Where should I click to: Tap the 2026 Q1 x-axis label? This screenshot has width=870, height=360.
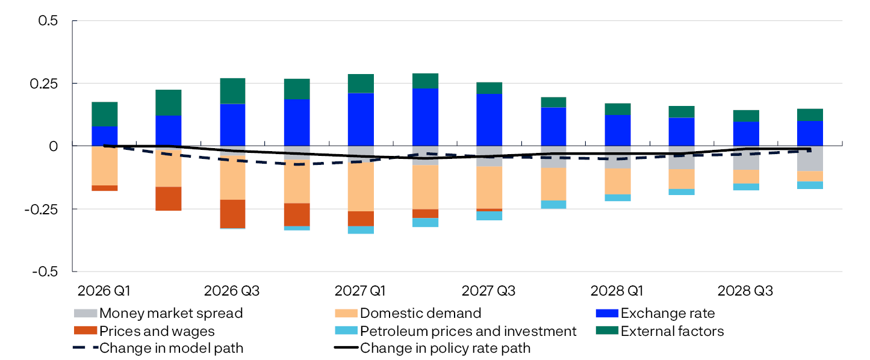(104, 291)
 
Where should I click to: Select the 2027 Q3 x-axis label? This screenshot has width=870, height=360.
(488, 291)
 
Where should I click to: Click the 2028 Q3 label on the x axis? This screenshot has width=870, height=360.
(745, 291)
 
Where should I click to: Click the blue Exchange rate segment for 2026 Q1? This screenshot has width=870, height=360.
(104, 136)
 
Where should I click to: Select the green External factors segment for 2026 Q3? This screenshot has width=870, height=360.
(232, 91)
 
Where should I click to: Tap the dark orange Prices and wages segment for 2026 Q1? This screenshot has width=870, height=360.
(104, 188)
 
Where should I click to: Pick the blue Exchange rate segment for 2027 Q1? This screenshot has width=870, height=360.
(361, 119)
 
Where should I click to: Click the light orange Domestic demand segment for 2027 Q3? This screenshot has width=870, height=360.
(489, 187)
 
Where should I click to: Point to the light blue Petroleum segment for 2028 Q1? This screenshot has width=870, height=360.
(617, 198)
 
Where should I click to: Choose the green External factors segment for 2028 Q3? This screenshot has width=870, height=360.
(745, 116)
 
